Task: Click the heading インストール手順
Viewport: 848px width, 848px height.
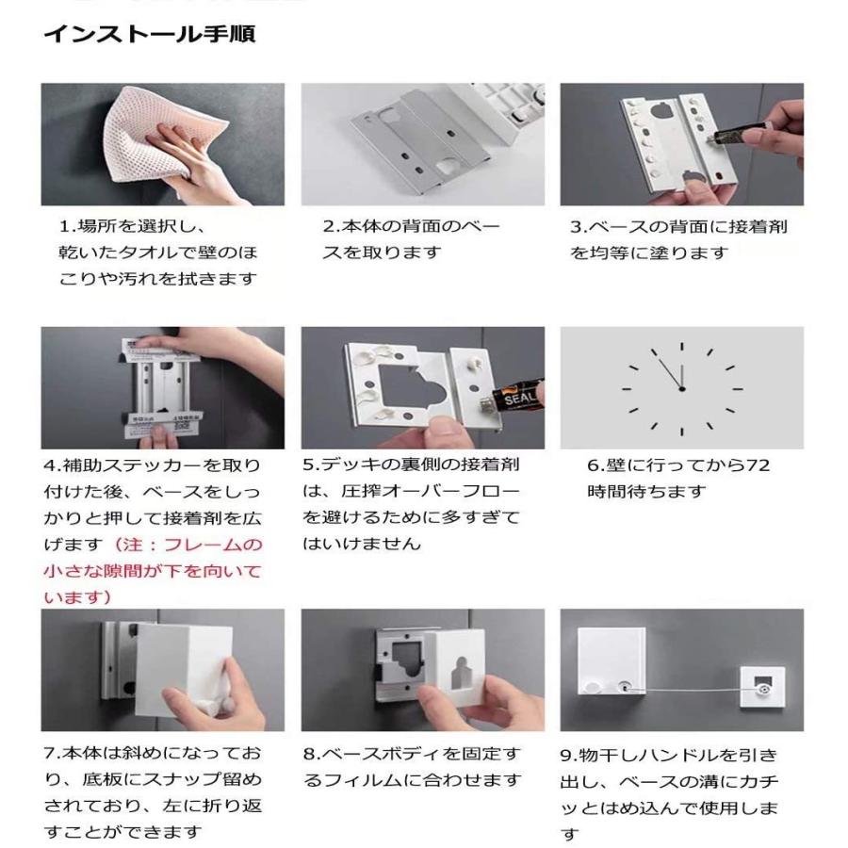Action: (149, 34)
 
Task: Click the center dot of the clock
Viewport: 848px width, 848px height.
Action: (681, 388)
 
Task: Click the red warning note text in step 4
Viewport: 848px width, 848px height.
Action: (153, 571)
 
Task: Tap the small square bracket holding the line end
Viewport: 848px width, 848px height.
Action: (762, 688)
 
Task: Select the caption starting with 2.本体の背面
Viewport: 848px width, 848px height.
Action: (411, 239)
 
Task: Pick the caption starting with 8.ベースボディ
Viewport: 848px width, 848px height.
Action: (412, 767)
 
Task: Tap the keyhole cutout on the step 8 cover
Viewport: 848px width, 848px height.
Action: (461, 675)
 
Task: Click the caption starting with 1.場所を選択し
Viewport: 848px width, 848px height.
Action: (158, 253)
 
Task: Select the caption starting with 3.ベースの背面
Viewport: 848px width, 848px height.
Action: (678, 239)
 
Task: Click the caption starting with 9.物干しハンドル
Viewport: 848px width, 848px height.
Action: (670, 795)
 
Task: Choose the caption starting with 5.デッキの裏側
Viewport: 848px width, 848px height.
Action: (411, 504)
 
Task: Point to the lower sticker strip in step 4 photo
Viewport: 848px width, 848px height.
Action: (163, 423)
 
